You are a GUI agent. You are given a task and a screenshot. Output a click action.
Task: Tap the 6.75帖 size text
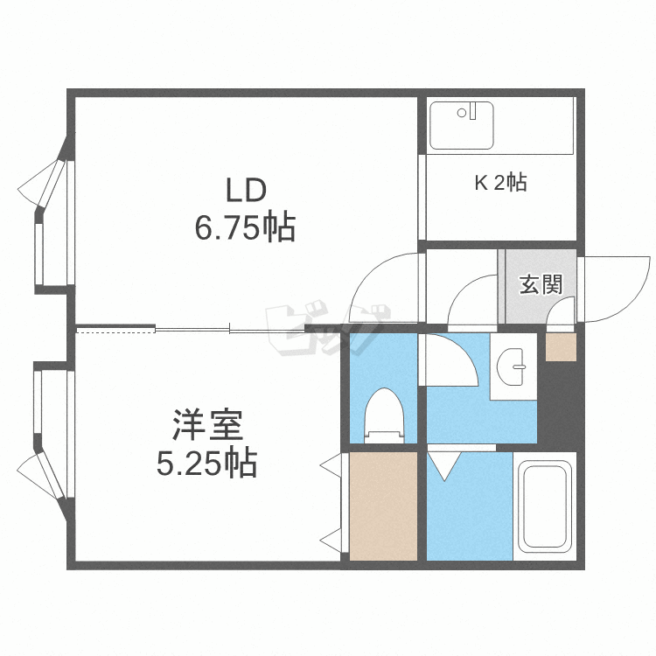(x=245, y=229)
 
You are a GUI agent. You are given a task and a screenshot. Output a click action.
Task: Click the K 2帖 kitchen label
(x=500, y=183)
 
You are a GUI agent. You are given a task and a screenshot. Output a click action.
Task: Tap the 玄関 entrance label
(x=540, y=284)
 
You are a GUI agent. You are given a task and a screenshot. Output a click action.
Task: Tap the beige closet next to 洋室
(x=382, y=505)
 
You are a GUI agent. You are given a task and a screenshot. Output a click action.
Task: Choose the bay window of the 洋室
(x=44, y=437)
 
